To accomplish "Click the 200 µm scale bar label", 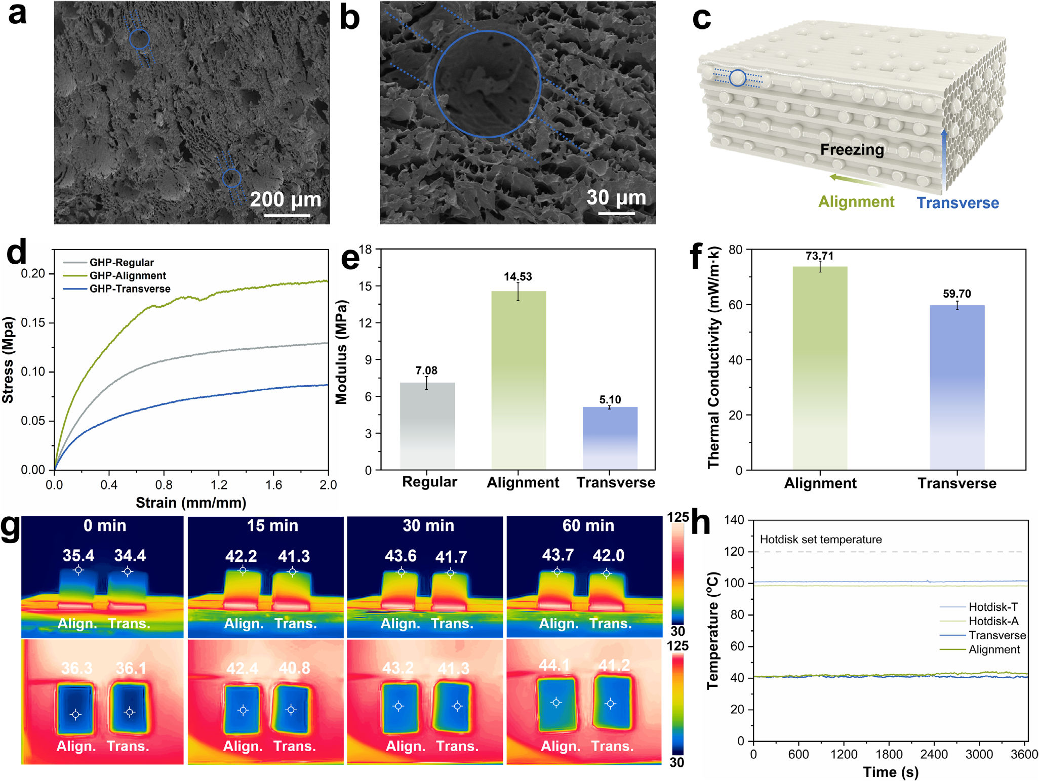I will point(286,199).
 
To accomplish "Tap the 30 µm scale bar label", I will point(616,197).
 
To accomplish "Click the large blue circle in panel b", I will point(487,84).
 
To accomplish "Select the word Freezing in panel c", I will point(852,150).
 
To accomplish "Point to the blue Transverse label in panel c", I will point(957,203).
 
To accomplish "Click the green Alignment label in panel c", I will point(856,202).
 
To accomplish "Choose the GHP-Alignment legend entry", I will point(128,276).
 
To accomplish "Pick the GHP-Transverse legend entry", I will point(130,289).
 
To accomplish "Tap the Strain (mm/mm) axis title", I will point(191,503).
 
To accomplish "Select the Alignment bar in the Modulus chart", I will point(518,380).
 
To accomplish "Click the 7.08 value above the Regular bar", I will point(426,371).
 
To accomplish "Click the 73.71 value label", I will point(819,256).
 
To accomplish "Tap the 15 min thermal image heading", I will point(272,526).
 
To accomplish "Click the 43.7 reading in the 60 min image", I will point(557,555).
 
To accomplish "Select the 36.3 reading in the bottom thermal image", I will point(77,668).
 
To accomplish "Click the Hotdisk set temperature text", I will point(821,540).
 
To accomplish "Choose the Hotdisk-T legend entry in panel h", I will point(993,607).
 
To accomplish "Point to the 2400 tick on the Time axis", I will point(934,755).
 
